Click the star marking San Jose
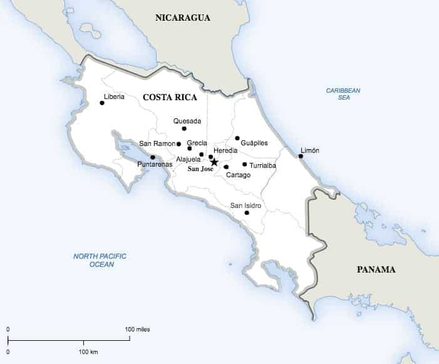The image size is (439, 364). pos(214,162)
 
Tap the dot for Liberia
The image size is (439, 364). pos(102,103)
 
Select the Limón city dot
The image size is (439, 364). pos(301,156)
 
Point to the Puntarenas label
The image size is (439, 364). pos(155,165)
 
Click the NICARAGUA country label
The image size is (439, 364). pos(183,18)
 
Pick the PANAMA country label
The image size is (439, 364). pos(376,269)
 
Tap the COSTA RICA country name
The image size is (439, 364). pos(170,97)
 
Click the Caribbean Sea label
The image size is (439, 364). pos(343,94)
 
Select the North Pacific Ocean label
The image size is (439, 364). pos(100,260)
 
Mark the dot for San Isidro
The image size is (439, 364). pos(247,213)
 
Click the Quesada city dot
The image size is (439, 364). pos(184,129)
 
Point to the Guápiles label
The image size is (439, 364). pos(254,143)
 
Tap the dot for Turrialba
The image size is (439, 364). pos(245,164)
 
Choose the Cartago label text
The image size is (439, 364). pos(238,175)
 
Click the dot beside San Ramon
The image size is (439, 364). pos(179,144)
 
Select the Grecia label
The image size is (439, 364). pos(197,143)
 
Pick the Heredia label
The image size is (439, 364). pos(225,151)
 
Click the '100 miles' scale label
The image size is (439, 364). pos(137,330)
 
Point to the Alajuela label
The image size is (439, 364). pos(189,159)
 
